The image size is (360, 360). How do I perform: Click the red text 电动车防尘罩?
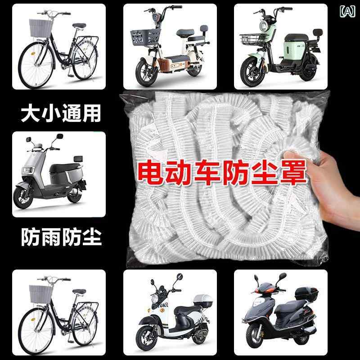(x=220, y=172)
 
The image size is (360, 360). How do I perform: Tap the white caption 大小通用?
(x=60, y=114)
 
